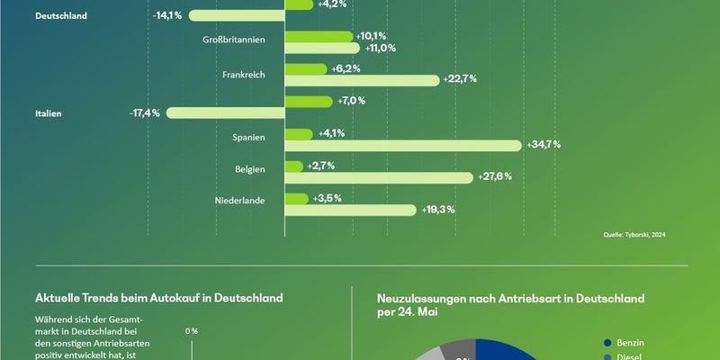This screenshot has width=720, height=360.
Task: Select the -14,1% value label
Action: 168,15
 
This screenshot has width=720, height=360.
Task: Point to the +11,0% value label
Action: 379,48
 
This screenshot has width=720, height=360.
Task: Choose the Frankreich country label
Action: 243,74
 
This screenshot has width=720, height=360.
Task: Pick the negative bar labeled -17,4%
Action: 225,113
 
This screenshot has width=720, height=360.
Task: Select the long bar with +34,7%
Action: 403,146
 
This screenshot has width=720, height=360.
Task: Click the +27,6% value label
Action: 495,176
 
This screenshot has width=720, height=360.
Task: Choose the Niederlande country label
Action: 239,201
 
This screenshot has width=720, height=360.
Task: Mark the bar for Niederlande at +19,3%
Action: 351,210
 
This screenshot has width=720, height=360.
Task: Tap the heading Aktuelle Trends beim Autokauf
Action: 158,298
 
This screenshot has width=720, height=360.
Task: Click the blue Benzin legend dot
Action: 608,343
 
